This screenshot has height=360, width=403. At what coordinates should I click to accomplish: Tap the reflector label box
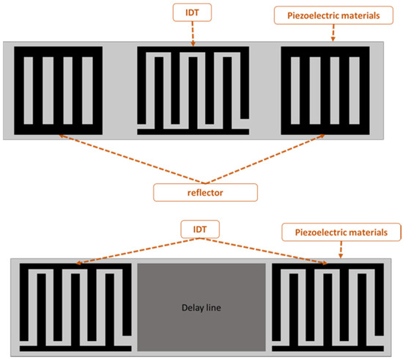(204, 192)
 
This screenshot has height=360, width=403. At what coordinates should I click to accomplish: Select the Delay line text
(202, 307)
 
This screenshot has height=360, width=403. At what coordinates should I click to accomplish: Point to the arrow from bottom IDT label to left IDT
(132, 249)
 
